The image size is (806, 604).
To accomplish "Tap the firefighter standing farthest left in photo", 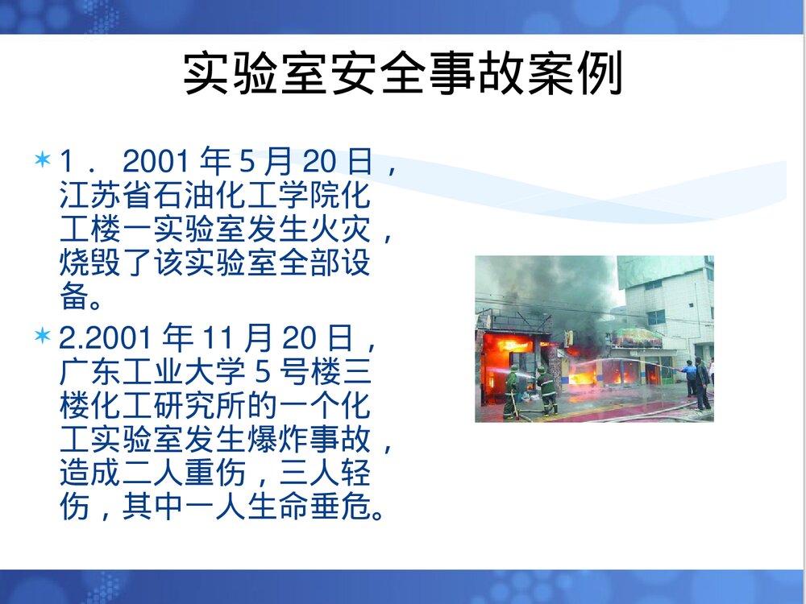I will click(512, 393).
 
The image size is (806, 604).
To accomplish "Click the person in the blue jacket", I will click(690, 379).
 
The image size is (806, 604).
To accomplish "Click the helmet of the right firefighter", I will click(542, 371).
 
